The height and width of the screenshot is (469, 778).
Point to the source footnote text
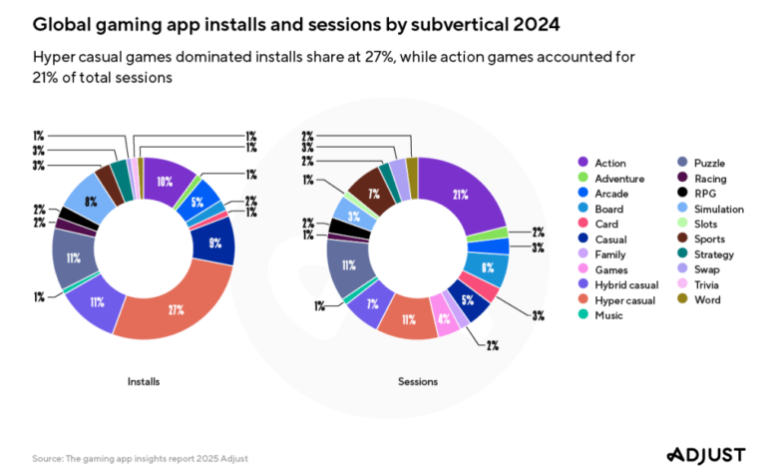point(140,458)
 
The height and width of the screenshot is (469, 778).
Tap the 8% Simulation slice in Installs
point(91,203)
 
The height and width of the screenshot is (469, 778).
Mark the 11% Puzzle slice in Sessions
point(346,265)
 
